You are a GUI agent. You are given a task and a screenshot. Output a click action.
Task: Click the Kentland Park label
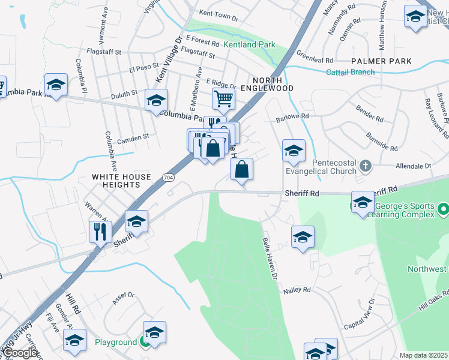[x=249, y=44]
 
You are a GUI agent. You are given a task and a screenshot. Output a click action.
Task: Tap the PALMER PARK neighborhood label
[x=382, y=61]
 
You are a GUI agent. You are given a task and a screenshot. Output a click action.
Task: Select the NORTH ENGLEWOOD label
[x=273, y=84]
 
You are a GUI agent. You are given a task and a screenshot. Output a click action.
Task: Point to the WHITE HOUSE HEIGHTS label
[x=121, y=181]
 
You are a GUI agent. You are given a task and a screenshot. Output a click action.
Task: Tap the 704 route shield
[x=168, y=178]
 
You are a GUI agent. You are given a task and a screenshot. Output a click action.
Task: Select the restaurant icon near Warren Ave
[x=100, y=231]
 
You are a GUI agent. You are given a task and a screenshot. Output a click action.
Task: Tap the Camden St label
[x=133, y=138]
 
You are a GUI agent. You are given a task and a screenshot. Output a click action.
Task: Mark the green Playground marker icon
[x=145, y=343]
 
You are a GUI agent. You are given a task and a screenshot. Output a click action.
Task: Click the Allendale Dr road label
[x=414, y=166]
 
